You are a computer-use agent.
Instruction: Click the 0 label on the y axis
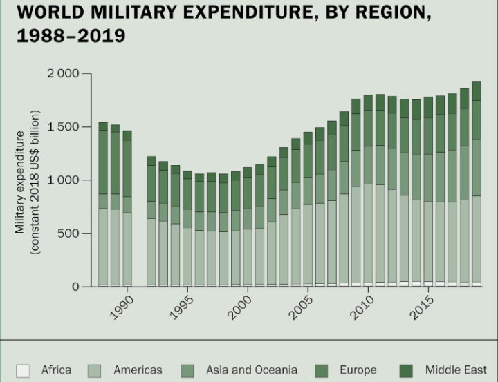tap(76, 287)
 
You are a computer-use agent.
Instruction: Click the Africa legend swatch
tap(23, 370)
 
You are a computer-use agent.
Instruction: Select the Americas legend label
tap(138, 370)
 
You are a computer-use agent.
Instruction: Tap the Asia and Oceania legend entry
tap(251, 370)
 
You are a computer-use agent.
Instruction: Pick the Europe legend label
tap(358, 370)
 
